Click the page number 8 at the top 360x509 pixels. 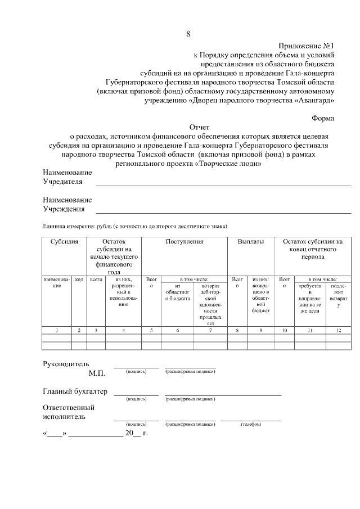tap(188, 34)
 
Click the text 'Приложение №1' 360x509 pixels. tap(306, 46)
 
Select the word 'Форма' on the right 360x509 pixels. tap(322, 118)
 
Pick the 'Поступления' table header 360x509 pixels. tap(184, 241)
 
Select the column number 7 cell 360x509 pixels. tap(210, 330)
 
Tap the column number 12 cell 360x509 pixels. tap(338, 330)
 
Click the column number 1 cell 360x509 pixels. tap(57, 330)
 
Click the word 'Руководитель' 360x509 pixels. tap(66, 363)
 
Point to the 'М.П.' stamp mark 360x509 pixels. tap(97, 373)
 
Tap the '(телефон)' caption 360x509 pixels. tap(250, 424)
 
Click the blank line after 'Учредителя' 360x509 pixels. tap(223, 184)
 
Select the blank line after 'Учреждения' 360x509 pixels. tap(223, 212)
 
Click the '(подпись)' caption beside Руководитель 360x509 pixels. tap(136, 371)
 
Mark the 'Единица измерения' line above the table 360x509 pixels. tap(135, 227)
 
